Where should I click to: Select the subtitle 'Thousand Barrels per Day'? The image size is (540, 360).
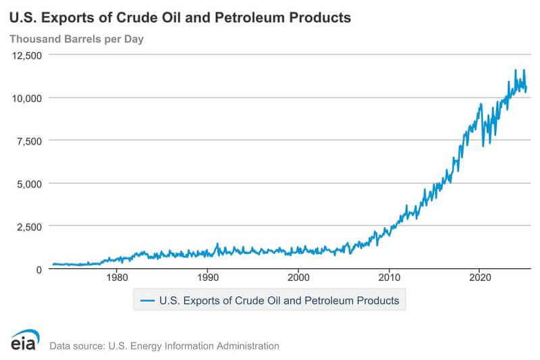coord(76,38)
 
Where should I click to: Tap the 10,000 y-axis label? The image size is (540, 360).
coord(27,98)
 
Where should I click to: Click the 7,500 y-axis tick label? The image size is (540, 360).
coord(30,140)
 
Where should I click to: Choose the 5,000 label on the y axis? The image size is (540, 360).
coord(30,183)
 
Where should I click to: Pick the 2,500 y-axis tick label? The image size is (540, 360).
coord(30,226)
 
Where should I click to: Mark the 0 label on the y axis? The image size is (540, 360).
coord(39,269)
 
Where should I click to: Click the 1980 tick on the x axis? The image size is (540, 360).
coord(117,277)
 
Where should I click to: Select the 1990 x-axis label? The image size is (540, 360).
coord(207,277)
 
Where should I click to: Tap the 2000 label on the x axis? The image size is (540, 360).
coord(298,277)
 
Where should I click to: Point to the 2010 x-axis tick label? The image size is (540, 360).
coord(389,277)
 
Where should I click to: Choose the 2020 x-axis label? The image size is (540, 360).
coord(479,277)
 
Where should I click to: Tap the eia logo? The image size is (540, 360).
coord(25,341)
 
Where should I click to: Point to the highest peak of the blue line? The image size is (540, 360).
coord(516,70)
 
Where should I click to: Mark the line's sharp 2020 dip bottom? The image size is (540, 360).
coord(483,146)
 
